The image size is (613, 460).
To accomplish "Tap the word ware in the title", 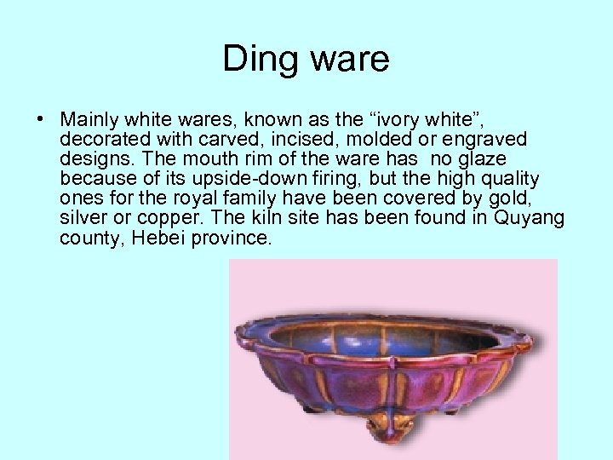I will [347, 60].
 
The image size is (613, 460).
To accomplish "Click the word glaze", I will [482, 158].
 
